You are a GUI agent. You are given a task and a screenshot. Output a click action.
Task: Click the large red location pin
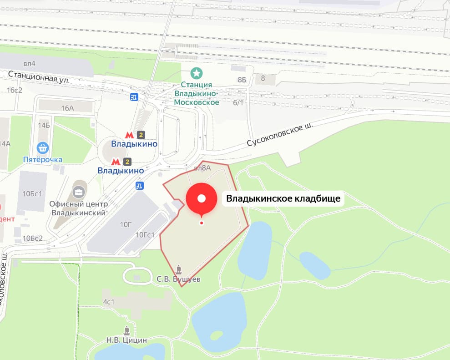[x=202, y=199]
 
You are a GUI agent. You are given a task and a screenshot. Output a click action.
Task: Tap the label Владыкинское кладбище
[x=283, y=198]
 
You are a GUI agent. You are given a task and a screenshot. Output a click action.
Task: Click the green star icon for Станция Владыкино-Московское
[x=197, y=73]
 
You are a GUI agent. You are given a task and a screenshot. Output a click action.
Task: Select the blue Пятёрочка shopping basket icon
[x=43, y=147]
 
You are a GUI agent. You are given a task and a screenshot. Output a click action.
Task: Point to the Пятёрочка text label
[x=43, y=159]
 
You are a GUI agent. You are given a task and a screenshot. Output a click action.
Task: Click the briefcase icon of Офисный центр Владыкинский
[x=79, y=193]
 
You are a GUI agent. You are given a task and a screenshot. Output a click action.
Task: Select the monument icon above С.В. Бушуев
[x=178, y=269]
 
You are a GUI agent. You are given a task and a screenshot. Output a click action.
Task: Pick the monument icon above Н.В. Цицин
[x=127, y=330]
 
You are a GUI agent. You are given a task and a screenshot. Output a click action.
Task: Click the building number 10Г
[x=126, y=224]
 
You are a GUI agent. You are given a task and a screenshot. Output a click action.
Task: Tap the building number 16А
[x=67, y=108]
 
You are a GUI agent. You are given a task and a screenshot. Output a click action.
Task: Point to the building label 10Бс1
[x=32, y=193]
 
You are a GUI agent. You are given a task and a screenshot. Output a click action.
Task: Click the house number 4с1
[x=108, y=302]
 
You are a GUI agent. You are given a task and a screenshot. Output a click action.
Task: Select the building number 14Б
[x=44, y=125]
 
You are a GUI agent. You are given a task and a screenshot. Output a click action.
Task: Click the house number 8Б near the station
[x=241, y=80]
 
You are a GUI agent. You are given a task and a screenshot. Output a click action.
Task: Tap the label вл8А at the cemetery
[x=202, y=168]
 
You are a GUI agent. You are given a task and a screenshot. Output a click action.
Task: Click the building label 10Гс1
[x=146, y=235]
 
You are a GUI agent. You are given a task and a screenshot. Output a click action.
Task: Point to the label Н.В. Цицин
[x=127, y=340]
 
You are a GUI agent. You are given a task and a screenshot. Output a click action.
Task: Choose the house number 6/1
[x=238, y=103]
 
